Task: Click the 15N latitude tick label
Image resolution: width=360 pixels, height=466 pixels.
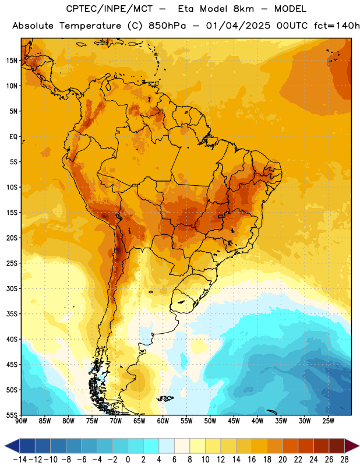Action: tap(12, 61)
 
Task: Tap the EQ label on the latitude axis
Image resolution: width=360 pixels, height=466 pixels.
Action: tap(13, 137)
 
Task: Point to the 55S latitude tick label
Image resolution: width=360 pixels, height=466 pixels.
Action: tap(12, 415)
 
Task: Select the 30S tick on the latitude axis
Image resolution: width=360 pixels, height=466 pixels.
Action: tap(12, 288)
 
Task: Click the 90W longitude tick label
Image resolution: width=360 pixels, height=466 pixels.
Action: tap(21, 421)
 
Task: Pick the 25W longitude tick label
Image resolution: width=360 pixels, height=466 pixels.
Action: tap(328, 421)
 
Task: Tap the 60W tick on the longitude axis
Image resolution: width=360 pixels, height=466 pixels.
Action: tap(163, 421)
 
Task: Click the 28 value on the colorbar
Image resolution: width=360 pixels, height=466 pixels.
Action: tap(344, 460)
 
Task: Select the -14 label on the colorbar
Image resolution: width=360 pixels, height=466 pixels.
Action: tap(20, 460)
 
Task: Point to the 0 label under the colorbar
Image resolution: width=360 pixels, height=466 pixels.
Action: tap(128, 460)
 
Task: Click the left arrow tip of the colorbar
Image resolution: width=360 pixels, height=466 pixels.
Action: tap(5, 446)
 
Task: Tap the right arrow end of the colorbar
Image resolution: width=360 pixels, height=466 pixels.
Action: tap(359, 446)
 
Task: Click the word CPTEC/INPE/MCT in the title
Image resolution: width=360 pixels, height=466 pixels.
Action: tap(110, 9)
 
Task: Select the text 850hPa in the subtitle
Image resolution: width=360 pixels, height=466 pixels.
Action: tap(167, 26)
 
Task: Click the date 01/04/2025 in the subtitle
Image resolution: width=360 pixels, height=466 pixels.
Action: tap(238, 26)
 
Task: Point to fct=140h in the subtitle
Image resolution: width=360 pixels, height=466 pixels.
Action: tap(337, 26)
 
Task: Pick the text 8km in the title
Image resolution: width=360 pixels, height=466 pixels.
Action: tap(243, 9)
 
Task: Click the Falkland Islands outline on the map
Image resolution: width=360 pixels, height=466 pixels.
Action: tap(165, 398)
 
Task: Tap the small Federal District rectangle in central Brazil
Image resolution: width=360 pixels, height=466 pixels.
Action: tap(221, 216)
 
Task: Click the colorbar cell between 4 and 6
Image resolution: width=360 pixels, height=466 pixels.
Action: tap(167, 446)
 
